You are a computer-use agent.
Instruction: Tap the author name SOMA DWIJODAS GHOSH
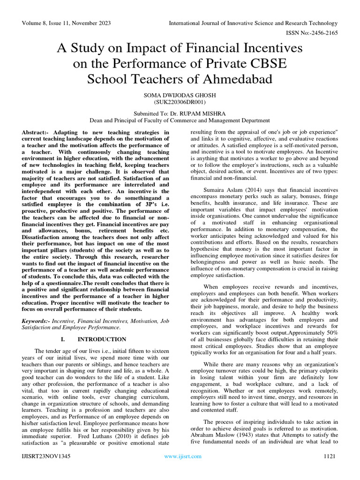point(180,95)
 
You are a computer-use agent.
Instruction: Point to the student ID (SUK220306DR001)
point(180,101)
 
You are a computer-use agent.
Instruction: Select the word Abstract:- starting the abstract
point(37,133)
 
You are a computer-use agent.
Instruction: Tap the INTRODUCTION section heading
point(102,339)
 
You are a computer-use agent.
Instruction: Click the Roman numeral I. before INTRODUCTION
point(64,339)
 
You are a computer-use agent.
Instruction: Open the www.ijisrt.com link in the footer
point(182,456)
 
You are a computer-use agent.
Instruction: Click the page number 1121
point(330,456)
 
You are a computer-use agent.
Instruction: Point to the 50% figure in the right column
point(330,332)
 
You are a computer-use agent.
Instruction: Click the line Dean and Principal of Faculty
point(180,120)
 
